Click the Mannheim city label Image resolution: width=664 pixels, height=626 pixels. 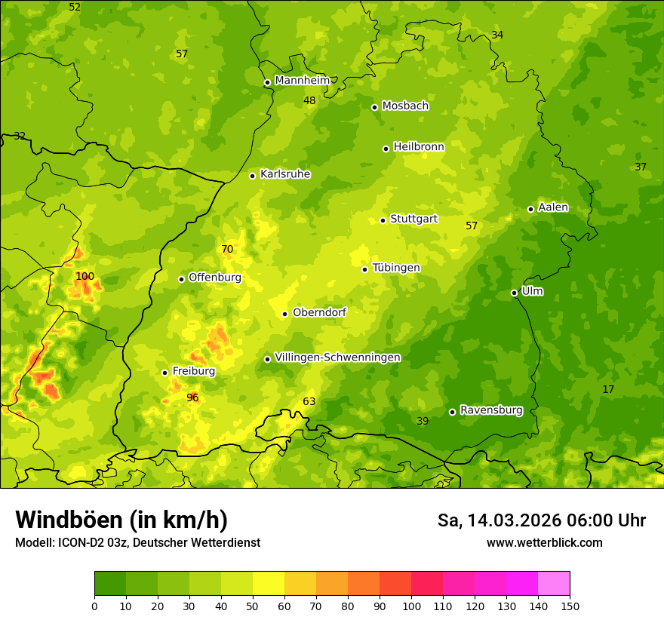point(303,81)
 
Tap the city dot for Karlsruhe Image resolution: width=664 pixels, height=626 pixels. point(252,176)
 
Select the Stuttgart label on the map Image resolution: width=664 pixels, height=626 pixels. point(413,219)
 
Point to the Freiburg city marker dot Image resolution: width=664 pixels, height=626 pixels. point(164,373)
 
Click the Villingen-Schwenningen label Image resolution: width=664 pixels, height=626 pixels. point(337,357)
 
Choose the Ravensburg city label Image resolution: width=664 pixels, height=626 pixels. point(491,410)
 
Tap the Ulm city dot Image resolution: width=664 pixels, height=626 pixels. point(514,293)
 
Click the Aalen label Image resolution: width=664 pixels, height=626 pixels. point(553,207)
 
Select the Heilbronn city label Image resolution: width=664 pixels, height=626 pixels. point(419,147)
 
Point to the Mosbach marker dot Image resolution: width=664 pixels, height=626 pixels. point(374,107)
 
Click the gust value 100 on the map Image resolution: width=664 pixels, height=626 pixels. point(85,277)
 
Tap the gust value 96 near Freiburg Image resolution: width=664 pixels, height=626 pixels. point(192,397)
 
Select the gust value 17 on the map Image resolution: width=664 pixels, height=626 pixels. point(608,389)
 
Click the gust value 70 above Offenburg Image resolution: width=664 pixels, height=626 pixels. point(227,250)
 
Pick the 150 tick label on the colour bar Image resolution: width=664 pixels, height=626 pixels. point(570,606)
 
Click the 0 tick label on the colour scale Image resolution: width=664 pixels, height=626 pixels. point(94,606)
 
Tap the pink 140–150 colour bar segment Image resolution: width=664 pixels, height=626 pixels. point(554,584)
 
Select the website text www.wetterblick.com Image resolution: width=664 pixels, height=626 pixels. point(544,542)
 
